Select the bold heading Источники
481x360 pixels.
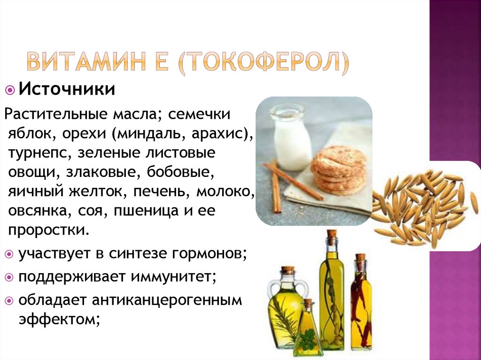coord(67,89)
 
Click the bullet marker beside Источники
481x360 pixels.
coord(10,90)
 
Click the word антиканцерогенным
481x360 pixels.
coord(167,300)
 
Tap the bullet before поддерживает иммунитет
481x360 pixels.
coord(9,277)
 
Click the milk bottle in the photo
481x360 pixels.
coord(289,138)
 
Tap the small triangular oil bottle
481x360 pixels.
coord(308,328)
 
